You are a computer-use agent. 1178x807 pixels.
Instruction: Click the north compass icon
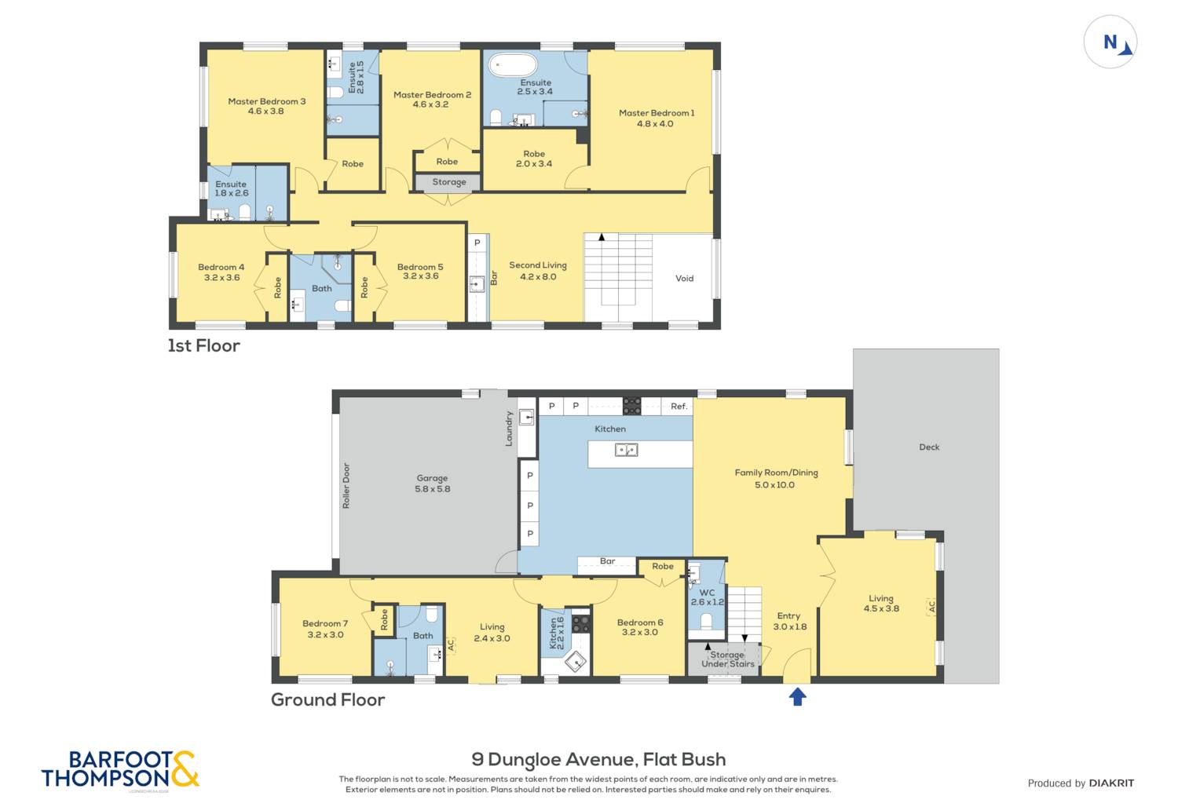(1110, 42)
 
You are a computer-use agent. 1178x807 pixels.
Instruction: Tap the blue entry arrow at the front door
(797, 696)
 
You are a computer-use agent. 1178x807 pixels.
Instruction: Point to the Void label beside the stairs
(684, 279)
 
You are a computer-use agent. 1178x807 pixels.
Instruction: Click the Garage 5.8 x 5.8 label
(432, 484)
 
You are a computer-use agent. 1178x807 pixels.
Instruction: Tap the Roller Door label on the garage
(346, 485)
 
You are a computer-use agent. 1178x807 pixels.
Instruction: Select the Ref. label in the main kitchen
(679, 406)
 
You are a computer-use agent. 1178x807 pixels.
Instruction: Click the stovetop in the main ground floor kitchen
(631, 406)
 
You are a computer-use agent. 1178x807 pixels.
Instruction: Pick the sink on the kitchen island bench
(626, 450)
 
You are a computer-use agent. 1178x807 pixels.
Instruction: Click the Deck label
(929, 447)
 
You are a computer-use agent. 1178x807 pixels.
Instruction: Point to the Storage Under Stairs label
(727, 659)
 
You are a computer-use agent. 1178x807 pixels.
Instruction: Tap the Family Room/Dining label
(776, 478)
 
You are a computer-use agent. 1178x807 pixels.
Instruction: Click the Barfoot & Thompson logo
(120, 769)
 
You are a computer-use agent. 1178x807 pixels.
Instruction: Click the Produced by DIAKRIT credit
(1081, 783)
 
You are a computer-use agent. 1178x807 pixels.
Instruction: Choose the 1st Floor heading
(203, 345)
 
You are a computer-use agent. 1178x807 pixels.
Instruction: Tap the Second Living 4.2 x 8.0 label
(538, 271)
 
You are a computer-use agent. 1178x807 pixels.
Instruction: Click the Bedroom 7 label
(324, 629)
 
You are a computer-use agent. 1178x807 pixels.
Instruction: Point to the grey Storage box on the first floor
(448, 182)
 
